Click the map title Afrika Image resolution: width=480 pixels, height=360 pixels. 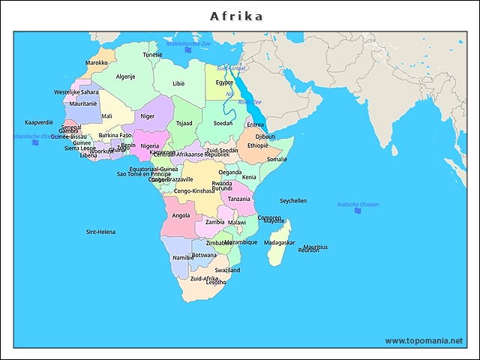click(x=236, y=16)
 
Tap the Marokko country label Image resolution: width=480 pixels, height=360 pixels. click(x=97, y=63)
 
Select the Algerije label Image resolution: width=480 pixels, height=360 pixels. click(x=125, y=76)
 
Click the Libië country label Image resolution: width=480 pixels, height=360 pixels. click(x=178, y=84)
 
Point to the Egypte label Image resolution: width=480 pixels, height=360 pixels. click(x=224, y=82)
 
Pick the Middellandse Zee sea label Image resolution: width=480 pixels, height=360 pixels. click(x=188, y=44)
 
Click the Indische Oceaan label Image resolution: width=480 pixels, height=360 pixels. click(x=358, y=204)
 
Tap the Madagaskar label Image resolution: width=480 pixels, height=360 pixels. click(x=280, y=243)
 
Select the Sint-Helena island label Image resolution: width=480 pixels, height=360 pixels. click(x=100, y=232)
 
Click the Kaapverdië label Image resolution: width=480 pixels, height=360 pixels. click(x=39, y=121)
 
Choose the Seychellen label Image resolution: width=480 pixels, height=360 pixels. click(x=293, y=201)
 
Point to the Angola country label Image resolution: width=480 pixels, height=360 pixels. click(x=181, y=215)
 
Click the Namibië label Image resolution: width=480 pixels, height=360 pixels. click(x=183, y=257)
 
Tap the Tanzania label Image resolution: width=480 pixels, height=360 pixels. click(x=239, y=199)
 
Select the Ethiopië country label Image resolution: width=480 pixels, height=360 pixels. click(x=258, y=145)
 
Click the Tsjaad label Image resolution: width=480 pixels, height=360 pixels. click(x=184, y=123)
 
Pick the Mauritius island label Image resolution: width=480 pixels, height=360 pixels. click(x=316, y=246)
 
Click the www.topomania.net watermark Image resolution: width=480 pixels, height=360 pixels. click(x=424, y=340)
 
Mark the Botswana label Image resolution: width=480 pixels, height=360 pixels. click(x=204, y=255)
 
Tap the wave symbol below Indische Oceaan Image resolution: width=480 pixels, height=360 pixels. click(x=358, y=211)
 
